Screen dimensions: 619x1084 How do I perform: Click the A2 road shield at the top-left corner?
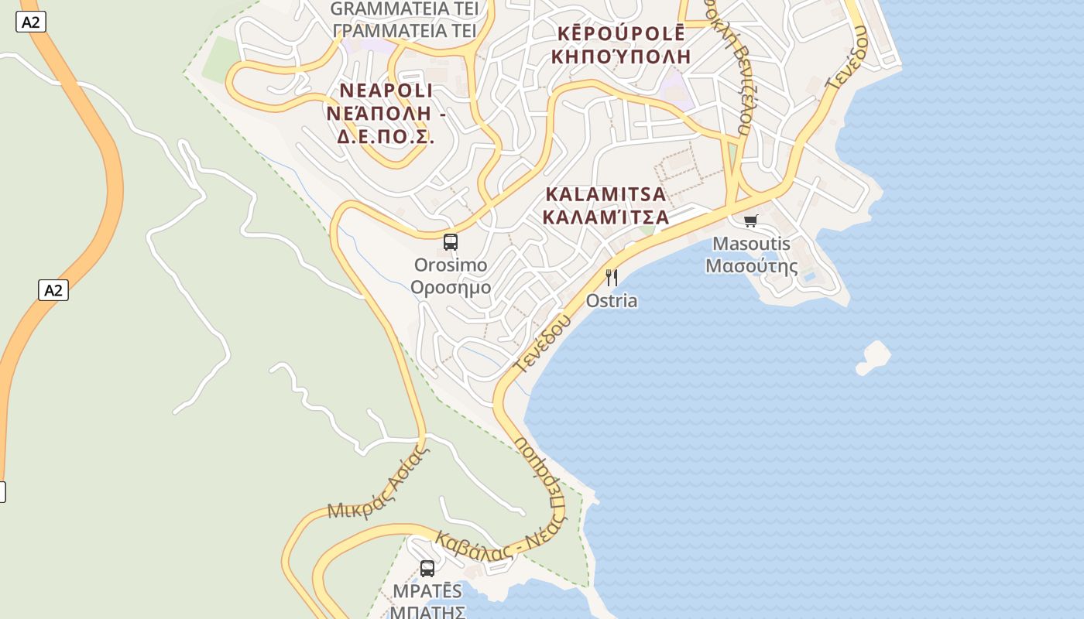click(30, 22)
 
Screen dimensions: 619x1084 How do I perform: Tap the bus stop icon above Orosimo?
click(451, 241)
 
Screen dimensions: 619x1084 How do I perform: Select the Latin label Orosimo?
click(451, 265)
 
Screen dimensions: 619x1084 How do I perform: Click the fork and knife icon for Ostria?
click(612, 277)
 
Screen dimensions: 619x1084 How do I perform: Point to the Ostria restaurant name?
click(612, 301)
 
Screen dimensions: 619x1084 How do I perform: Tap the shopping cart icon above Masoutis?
click(750, 221)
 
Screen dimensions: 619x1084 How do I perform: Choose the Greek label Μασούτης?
click(751, 267)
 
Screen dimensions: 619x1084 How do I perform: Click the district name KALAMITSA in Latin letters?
click(605, 193)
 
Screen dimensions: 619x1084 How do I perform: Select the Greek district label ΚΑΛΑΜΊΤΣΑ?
click(605, 216)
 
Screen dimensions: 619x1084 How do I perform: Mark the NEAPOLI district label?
click(386, 91)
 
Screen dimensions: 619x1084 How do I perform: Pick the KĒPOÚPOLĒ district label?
click(622, 33)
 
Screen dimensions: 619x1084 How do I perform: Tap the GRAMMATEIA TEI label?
click(404, 9)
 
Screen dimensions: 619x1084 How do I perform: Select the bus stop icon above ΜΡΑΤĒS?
click(427, 569)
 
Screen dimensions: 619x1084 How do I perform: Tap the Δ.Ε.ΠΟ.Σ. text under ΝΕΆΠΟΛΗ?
click(386, 137)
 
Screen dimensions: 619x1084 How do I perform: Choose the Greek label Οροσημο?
click(451, 288)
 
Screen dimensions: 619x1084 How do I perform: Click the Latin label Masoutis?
click(751, 244)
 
